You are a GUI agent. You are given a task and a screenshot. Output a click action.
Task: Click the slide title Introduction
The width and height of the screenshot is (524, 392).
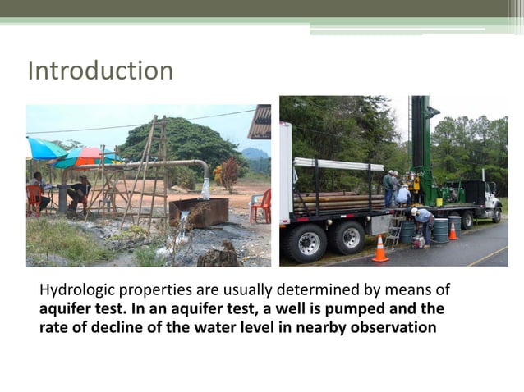[100, 71]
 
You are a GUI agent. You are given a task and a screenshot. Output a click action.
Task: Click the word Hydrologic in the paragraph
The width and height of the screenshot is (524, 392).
[76, 291]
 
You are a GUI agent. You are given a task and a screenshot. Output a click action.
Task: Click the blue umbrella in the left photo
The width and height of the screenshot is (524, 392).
[45, 149]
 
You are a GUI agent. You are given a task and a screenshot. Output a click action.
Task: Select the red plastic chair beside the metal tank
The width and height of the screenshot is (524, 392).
[262, 206]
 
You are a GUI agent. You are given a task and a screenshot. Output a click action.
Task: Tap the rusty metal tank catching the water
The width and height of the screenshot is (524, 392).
[199, 212]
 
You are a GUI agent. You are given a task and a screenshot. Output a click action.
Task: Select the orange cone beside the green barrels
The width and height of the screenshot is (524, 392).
[453, 230]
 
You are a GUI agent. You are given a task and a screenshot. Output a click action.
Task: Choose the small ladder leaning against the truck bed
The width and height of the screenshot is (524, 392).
[397, 230]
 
